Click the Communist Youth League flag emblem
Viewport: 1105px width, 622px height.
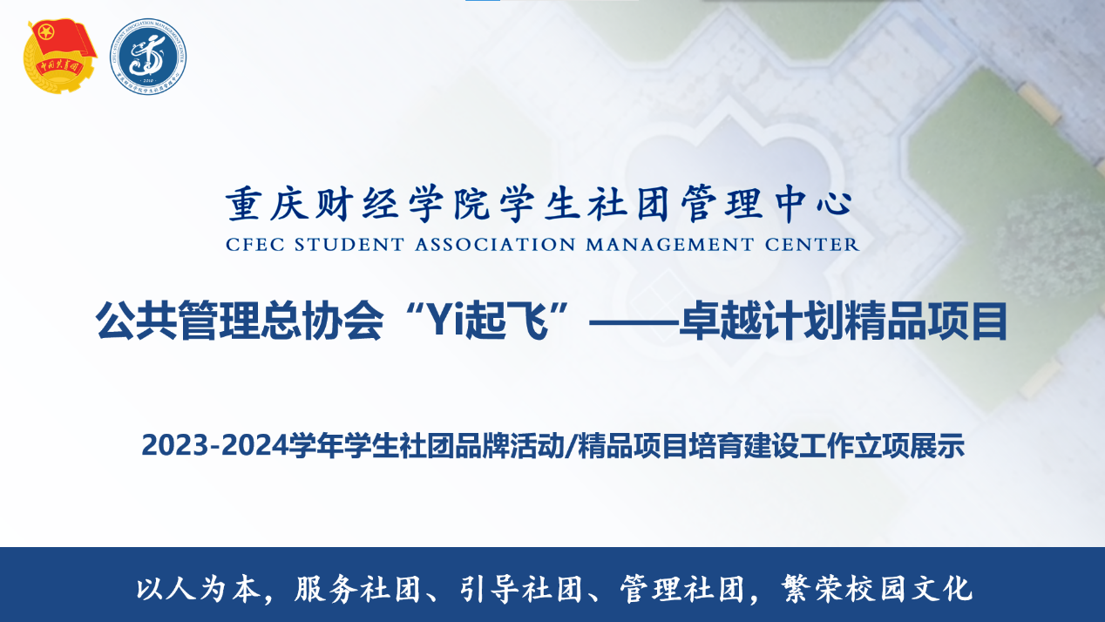click(x=59, y=56)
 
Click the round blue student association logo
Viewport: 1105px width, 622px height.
click(x=148, y=57)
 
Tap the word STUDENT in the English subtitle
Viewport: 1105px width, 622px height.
click(x=349, y=245)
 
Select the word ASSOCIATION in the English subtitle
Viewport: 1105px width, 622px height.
click(x=495, y=245)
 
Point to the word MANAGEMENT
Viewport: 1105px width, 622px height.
click(x=669, y=245)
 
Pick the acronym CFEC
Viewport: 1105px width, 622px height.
click(x=255, y=245)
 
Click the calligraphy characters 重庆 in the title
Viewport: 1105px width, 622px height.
click(x=268, y=204)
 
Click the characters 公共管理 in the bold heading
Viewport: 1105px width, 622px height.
click(x=178, y=321)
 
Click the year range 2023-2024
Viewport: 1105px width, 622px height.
click(x=215, y=445)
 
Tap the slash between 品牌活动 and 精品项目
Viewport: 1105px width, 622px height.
click(x=570, y=446)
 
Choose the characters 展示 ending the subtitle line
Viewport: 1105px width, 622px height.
click(x=937, y=445)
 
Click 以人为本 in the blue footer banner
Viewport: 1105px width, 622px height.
click(x=197, y=588)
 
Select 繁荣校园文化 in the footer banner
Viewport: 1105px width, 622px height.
click(x=877, y=588)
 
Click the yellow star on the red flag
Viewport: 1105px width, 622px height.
click(x=46, y=34)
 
